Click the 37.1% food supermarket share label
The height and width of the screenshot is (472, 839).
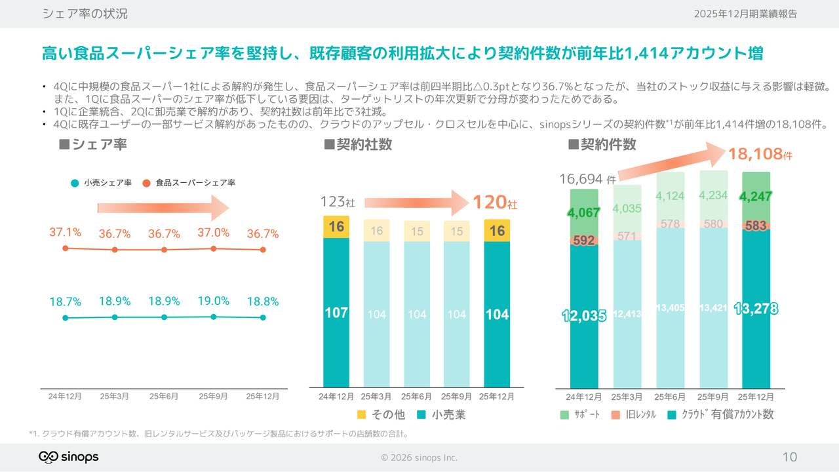[x=65, y=232]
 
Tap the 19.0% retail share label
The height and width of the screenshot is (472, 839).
[x=214, y=301]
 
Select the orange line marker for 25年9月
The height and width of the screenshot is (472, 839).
[x=214, y=248]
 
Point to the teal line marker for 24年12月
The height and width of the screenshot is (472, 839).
[x=65, y=318]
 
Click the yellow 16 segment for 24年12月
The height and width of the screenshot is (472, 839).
[x=336, y=227]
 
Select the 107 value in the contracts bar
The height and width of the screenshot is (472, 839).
[x=336, y=313]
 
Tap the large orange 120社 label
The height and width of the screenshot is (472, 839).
[x=495, y=203]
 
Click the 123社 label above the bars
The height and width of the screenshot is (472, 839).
[x=338, y=202]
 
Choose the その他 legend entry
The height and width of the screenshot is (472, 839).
[x=381, y=414]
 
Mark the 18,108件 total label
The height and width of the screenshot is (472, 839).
[x=760, y=155]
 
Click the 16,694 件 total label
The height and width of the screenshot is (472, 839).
[x=587, y=179]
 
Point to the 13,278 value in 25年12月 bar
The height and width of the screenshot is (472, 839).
[x=756, y=309]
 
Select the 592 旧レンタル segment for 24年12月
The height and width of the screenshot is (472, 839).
[x=584, y=240]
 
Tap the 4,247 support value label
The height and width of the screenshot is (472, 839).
[x=756, y=196]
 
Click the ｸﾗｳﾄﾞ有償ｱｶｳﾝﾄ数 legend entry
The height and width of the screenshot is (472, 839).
[x=721, y=414]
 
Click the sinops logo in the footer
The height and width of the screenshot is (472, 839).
[x=68, y=457]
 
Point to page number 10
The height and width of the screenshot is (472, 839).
[x=790, y=457]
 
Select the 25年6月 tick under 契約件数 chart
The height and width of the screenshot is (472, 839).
[x=670, y=397]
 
